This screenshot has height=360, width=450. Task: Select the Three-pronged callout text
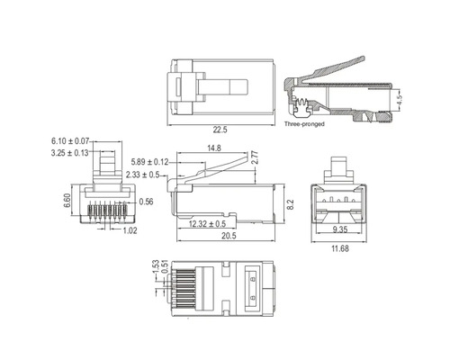pos(303,123)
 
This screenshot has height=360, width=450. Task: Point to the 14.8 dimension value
pos(214,148)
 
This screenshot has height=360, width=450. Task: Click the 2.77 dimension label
pos(254,157)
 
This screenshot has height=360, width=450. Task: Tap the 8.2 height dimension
pos(289,205)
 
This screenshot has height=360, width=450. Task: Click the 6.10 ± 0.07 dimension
pos(71,141)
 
